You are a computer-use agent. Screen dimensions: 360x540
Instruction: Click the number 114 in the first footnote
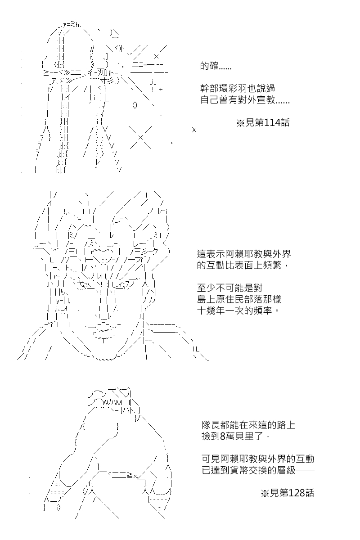point(272,123)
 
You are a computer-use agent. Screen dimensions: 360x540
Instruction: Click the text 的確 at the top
point(209,66)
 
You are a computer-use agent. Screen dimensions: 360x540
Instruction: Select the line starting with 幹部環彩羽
point(238,89)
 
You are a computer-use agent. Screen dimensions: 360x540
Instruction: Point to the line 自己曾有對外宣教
point(245,100)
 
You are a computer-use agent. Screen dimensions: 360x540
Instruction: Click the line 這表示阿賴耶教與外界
point(244,254)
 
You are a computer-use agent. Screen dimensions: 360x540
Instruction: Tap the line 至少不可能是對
point(229,288)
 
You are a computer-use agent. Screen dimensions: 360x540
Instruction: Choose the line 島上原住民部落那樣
point(239,299)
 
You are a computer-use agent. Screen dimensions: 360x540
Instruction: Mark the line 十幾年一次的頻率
point(238,310)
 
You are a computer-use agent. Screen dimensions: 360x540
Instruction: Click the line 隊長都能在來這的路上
point(248,425)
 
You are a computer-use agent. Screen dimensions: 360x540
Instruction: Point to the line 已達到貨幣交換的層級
point(258,470)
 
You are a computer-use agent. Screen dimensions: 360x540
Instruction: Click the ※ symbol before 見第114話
point(240,123)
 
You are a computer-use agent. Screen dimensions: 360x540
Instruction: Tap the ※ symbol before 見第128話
point(265,494)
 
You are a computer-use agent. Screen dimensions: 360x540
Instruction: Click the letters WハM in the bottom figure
point(112,402)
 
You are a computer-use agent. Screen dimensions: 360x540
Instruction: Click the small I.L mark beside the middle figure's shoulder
point(196,349)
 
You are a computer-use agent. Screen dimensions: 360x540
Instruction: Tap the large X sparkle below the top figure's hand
point(140,137)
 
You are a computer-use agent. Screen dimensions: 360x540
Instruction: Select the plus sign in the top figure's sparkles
point(161,90)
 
